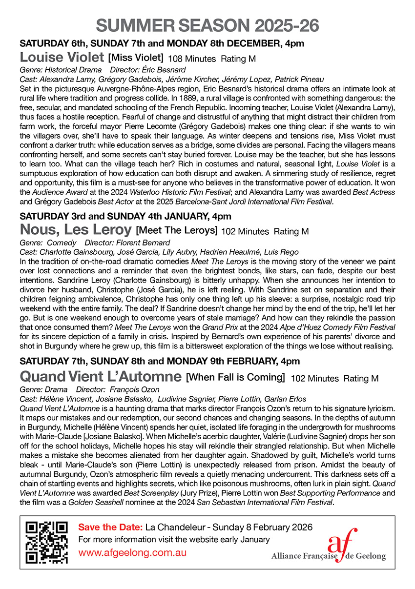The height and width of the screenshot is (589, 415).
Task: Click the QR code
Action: pyautogui.click(x=47, y=542)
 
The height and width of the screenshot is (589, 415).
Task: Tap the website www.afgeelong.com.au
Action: pyautogui.click(x=132, y=553)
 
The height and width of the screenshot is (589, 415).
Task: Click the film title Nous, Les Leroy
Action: pyautogui.click(x=76, y=229)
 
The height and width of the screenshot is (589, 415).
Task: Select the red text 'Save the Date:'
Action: pyautogui.click(x=110, y=528)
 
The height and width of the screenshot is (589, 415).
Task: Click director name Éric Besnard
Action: pyautogui.click(x=158, y=70)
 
